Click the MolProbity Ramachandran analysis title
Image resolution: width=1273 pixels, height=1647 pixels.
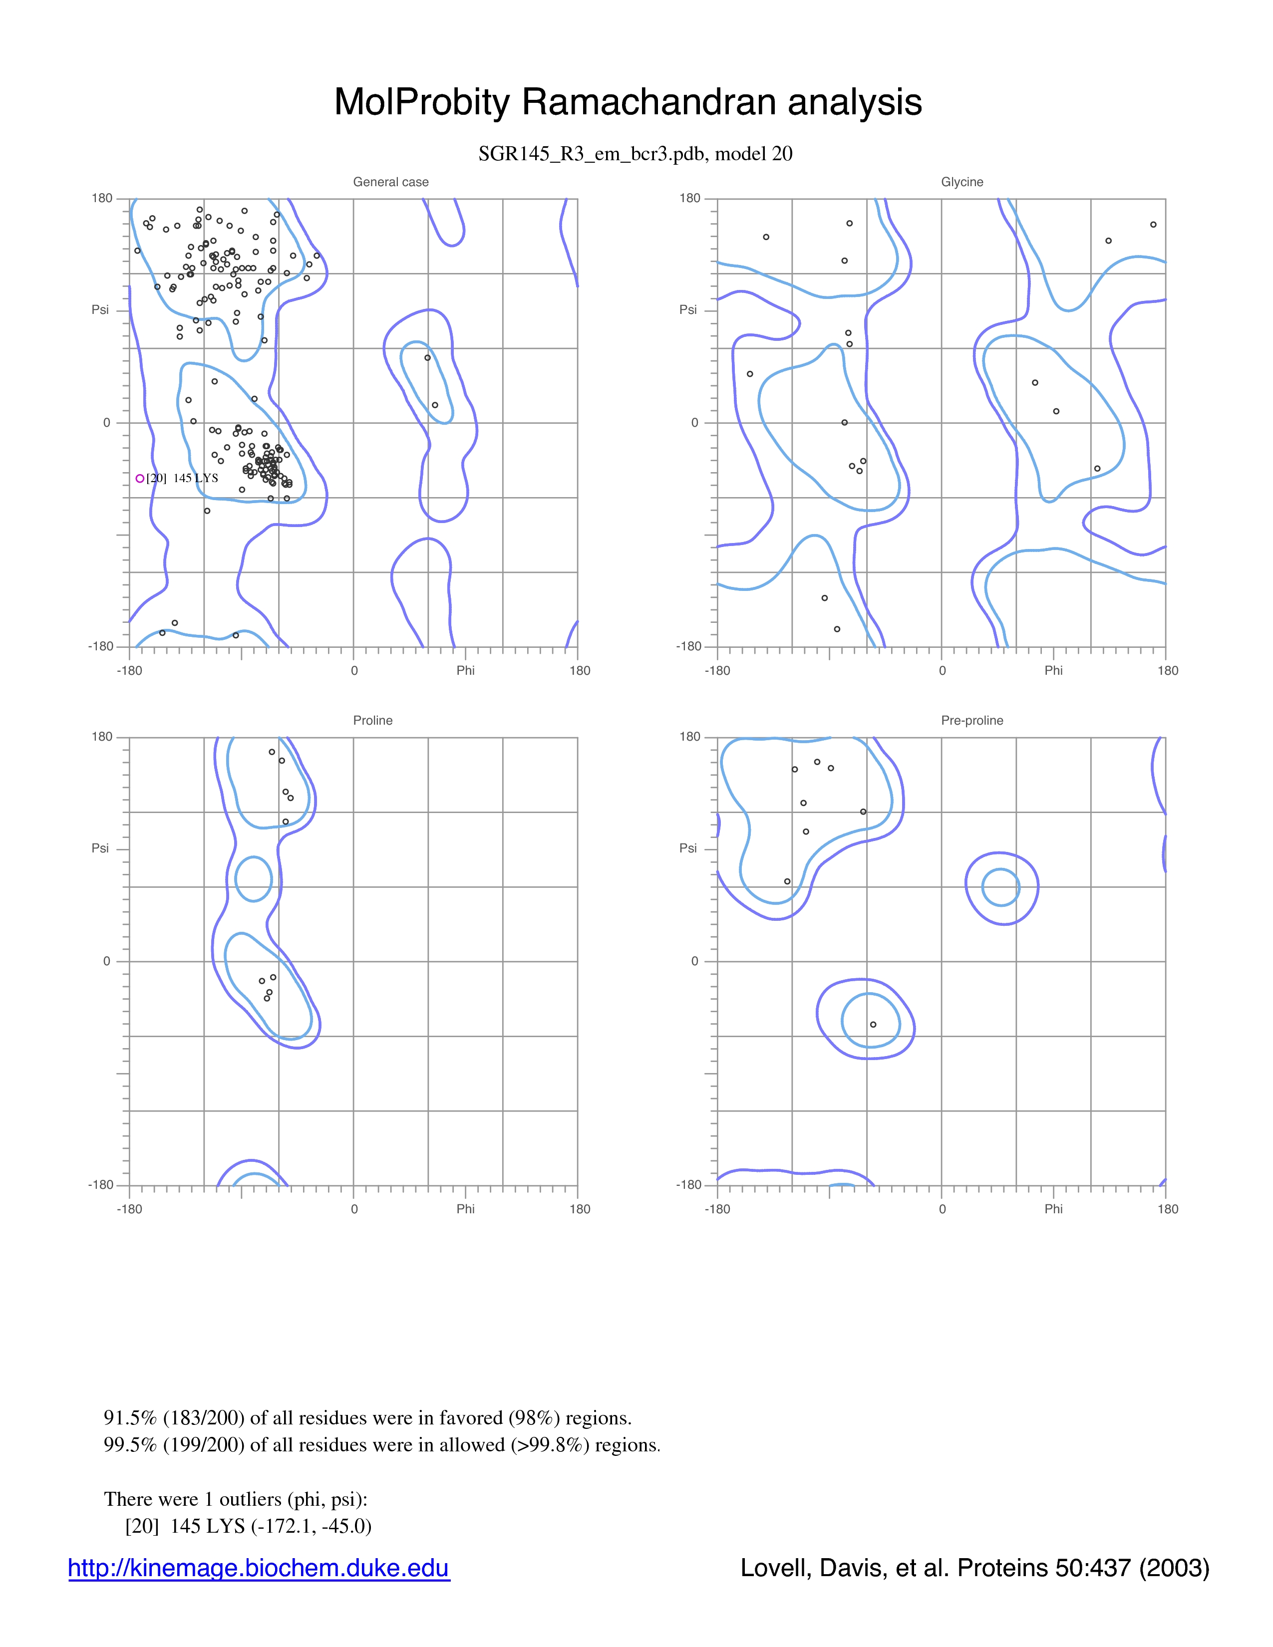tap(628, 102)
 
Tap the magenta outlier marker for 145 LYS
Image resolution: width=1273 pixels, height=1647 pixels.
tap(139, 478)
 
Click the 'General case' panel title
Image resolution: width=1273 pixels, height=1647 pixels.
tap(391, 182)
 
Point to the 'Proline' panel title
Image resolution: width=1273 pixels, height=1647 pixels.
tap(372, 720)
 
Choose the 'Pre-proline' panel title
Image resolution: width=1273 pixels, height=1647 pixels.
tap(971, 720)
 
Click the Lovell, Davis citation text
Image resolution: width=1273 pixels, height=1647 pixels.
tap(974, 1568)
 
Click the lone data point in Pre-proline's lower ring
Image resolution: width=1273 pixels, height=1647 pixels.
tap(873, 1024)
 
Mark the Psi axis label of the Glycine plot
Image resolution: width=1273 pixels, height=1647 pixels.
tap(688, 309)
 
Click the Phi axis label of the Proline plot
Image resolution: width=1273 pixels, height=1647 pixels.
tap(465, 1209)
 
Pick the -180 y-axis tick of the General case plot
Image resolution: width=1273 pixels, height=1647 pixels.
tap(100, 646)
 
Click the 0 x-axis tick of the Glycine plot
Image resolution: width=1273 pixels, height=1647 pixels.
tap(942, 670)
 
